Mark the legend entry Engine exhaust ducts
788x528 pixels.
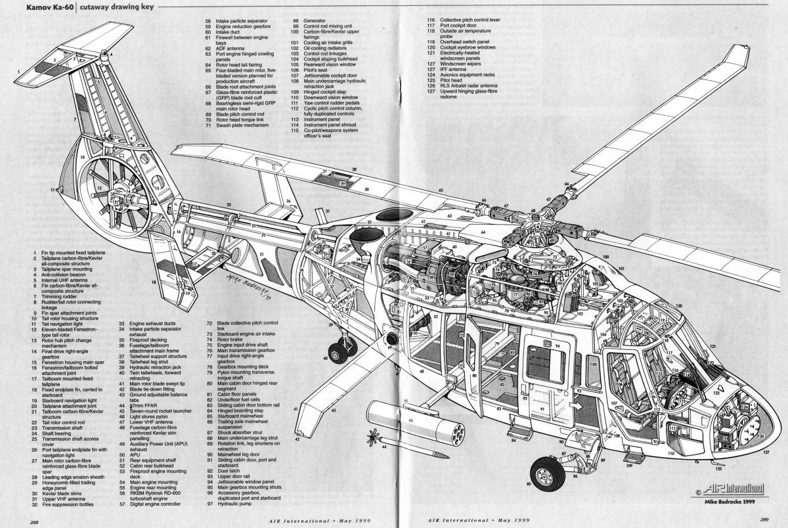154,324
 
